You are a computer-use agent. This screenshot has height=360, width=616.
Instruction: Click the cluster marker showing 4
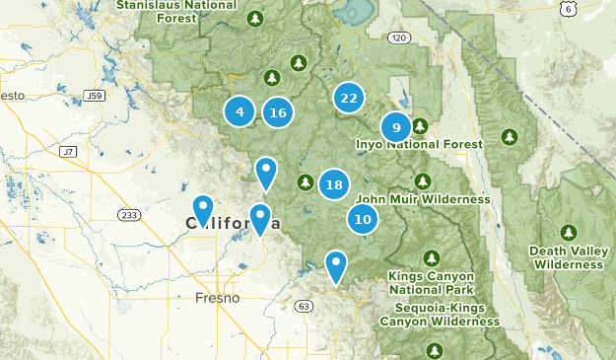(240, 111)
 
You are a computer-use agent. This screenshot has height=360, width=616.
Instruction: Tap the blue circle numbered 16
(278, 112)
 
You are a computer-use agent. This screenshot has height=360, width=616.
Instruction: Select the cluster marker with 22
(348, 98)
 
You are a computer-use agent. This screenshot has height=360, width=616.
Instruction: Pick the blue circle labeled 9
(395, 127)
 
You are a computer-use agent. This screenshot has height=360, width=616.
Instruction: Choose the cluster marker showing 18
(334, 184)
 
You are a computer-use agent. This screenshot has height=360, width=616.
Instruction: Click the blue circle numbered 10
(363, 219)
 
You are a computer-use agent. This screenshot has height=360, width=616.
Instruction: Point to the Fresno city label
(217, 297)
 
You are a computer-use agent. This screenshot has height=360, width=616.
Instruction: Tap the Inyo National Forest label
(419, 144)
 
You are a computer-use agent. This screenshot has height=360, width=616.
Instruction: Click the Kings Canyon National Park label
(431, 283)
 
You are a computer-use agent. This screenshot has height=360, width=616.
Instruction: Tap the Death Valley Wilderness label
(568, 256)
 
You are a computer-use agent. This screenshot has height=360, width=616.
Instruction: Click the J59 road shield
(95, 96)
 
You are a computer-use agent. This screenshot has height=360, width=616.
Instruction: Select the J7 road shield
(68, 152)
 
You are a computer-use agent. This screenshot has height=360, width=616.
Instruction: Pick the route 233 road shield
(129, 215)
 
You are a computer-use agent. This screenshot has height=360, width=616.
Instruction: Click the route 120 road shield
(397, 37)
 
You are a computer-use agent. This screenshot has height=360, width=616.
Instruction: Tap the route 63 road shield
(304, 306)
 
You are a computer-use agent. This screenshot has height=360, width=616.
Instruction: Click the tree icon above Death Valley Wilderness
(568, 232)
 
